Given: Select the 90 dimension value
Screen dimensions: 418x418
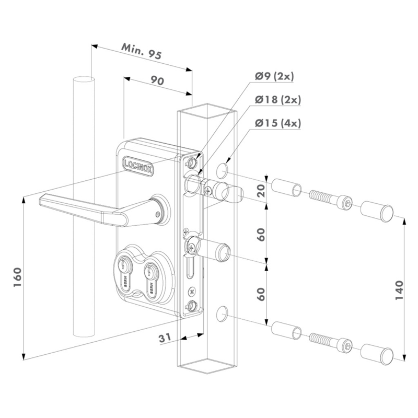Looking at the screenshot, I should pyautogui.click(x=157, y=81).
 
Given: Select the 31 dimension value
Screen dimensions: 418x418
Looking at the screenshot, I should pyautogui.click(x=166, y=339).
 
